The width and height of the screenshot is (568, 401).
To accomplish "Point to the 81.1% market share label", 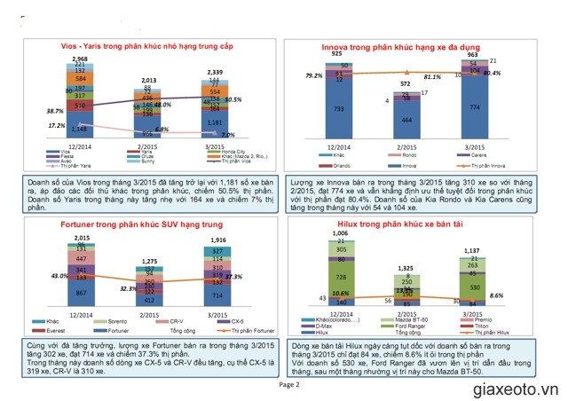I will [x=421, y=77].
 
